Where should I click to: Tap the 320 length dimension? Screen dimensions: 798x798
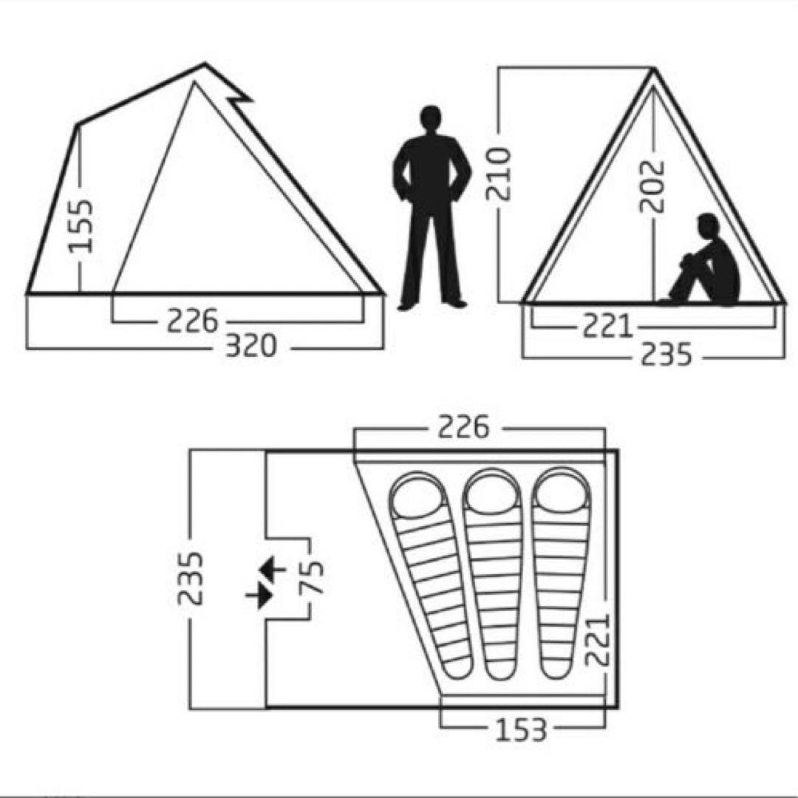(x=250, y=346)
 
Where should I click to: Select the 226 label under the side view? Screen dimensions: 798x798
(x=192, y=321)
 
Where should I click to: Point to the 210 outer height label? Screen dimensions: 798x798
(x=498, y=174)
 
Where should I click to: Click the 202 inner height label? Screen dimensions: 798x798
(x=652, y=186)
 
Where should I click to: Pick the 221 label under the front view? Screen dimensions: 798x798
(x=607, y=327)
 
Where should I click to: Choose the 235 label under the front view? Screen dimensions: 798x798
(x=666, y=354)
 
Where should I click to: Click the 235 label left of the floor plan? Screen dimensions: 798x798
(x=191, y=578)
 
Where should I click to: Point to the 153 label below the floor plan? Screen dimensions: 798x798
(x=521, y=729)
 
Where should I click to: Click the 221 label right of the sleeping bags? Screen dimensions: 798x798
(x=598, y=639)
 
